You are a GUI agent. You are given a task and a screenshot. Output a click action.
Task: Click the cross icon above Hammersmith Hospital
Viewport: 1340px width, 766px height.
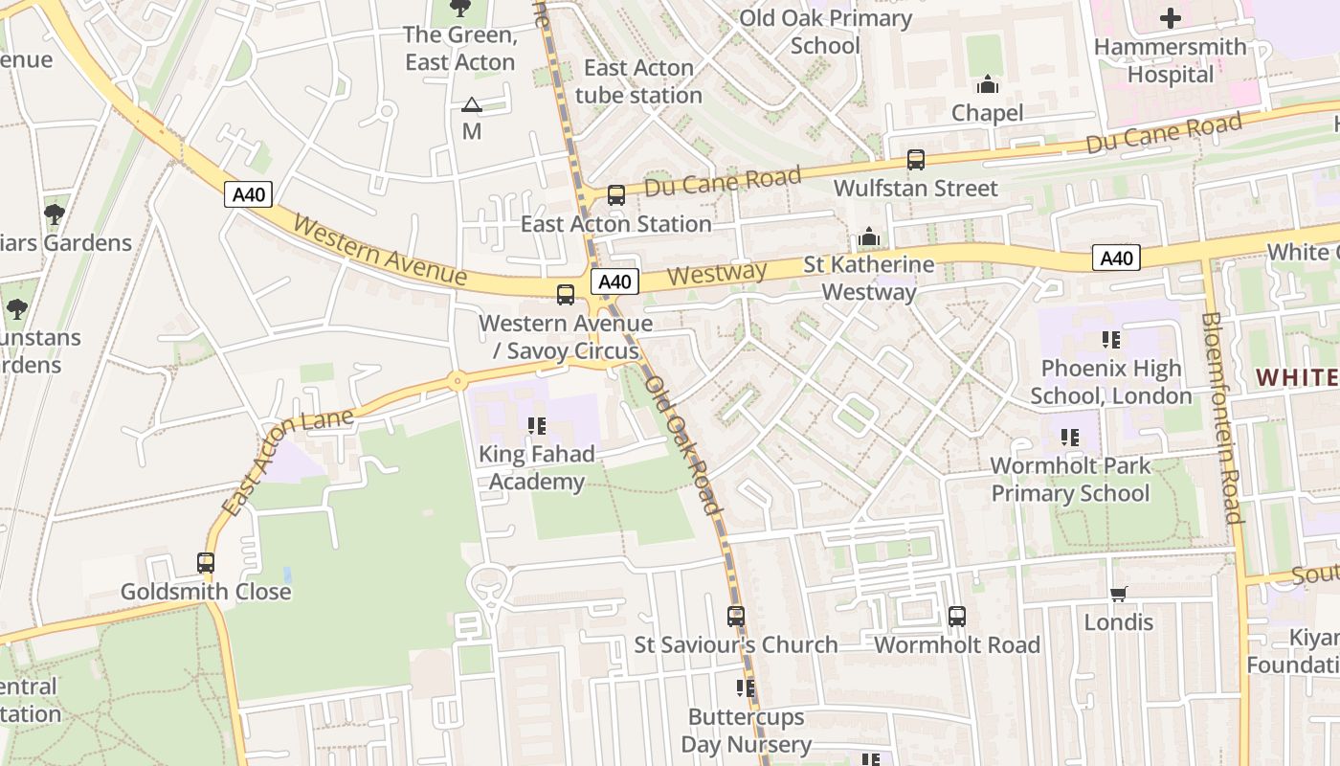[x=1170, y=18]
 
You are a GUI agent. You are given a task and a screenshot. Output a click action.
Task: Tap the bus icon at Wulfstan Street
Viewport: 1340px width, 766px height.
[x=916, y=160]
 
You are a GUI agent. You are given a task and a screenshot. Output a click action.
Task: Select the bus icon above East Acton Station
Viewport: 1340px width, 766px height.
[x=615, y=195]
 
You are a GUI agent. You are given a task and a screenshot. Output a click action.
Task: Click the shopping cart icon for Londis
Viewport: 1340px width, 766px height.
[x=1118, y=594]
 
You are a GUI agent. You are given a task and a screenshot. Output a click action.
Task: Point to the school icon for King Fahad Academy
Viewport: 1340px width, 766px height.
[x=536, y=425]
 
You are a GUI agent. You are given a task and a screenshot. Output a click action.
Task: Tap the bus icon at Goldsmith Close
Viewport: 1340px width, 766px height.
[x=206, y=563]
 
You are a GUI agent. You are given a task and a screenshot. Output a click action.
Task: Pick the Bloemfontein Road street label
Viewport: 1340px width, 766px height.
[x=1221, y=417]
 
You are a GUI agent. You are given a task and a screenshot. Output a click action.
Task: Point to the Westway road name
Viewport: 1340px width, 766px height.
[x=716, y=275]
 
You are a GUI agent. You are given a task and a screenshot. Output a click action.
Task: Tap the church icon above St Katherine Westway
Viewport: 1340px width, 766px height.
[x=868, y=237]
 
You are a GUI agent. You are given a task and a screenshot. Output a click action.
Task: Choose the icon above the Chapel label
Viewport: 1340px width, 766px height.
[x=988, y=85]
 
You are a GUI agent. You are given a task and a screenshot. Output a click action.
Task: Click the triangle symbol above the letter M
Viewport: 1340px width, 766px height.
[x=471, y=104]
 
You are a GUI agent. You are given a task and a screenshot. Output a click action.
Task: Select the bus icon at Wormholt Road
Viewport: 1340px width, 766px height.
[x=956, y=617]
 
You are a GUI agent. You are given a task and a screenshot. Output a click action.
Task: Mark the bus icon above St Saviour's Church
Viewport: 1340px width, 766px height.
[x=735, y=617]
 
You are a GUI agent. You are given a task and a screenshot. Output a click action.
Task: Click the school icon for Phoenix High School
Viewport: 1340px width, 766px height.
[x=1110, y=340]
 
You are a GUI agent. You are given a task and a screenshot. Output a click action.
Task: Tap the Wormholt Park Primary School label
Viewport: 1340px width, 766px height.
[x=1069, y=480]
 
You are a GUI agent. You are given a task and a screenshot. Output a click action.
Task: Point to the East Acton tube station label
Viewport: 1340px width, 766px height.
[x=638, y=81]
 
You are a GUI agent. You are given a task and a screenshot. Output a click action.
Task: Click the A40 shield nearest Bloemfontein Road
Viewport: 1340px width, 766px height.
[x=1116, y=258]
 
